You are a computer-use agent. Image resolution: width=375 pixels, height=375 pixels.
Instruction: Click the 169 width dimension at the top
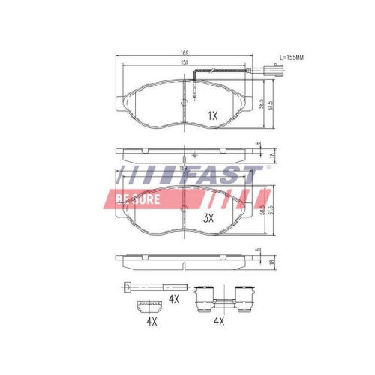click(184, 54)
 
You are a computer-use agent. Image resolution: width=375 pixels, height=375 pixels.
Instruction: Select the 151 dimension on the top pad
click(184, 64)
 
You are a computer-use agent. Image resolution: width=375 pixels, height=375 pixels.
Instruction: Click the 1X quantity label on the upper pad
click(211, 115)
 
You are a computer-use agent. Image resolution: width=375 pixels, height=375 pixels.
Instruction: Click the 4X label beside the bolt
click(174, 298)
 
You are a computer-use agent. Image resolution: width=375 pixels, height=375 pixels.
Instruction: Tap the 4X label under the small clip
click(151, 321)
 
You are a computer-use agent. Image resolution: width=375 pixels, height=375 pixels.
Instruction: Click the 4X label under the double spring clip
click(219, 321)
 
